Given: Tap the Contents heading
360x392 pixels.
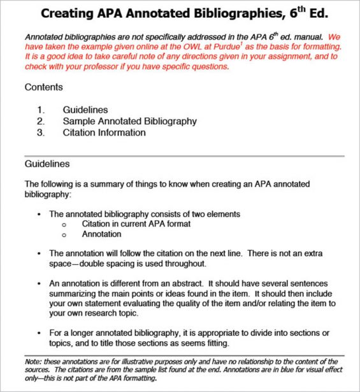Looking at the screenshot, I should click(43, 87).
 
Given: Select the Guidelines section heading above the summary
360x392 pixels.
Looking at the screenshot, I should click(47, 164).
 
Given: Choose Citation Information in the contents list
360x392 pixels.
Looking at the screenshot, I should click(104, 132).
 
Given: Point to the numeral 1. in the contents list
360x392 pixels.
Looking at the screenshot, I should click(41, 109).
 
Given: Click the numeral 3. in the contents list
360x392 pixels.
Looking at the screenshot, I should click(41, 132).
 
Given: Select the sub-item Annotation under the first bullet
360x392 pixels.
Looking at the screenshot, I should click(101, 234).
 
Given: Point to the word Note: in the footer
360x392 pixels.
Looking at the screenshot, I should click(34, 361).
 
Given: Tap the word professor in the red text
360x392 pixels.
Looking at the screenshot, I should click(98, 66).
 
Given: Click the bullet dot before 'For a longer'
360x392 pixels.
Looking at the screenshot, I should click(40, 333).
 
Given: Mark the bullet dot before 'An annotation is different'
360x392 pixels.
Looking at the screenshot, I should click(40, 283).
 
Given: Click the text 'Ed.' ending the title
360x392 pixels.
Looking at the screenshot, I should click(331, 14).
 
